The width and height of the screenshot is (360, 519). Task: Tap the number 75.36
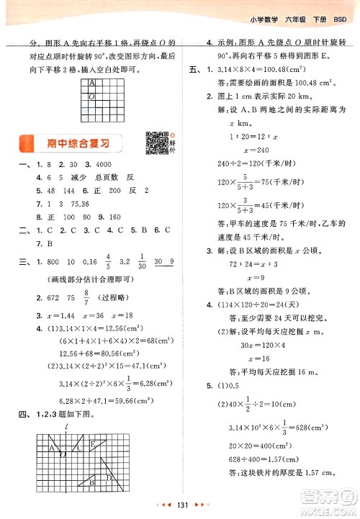pyautogui.click(x=79, y=204)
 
